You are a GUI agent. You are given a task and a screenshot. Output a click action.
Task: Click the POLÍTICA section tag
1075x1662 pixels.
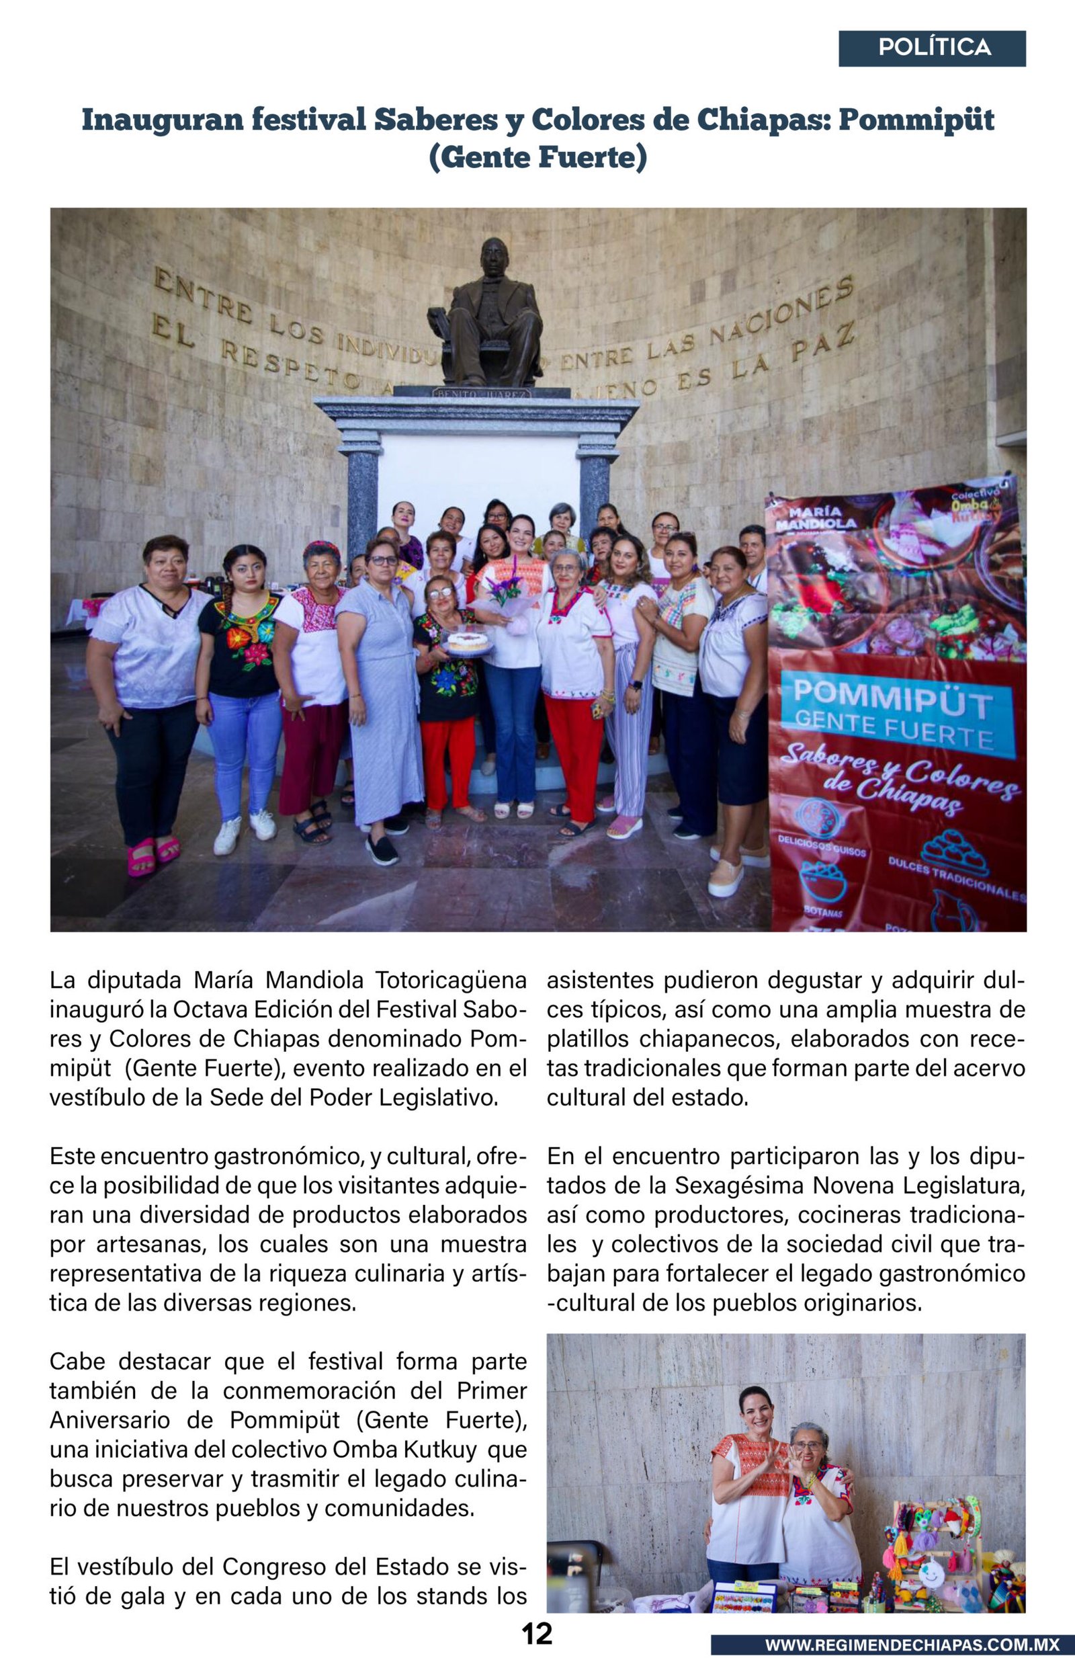coord(933,48)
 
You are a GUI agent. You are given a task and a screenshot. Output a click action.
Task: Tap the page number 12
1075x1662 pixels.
coord(537,1633)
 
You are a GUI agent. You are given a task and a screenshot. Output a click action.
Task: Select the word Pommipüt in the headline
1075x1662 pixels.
coord(916,120)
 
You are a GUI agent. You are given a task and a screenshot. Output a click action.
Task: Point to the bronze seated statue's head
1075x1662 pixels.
coord(494,257)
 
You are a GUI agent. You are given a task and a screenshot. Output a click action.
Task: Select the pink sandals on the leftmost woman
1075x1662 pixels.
coord(154,855)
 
